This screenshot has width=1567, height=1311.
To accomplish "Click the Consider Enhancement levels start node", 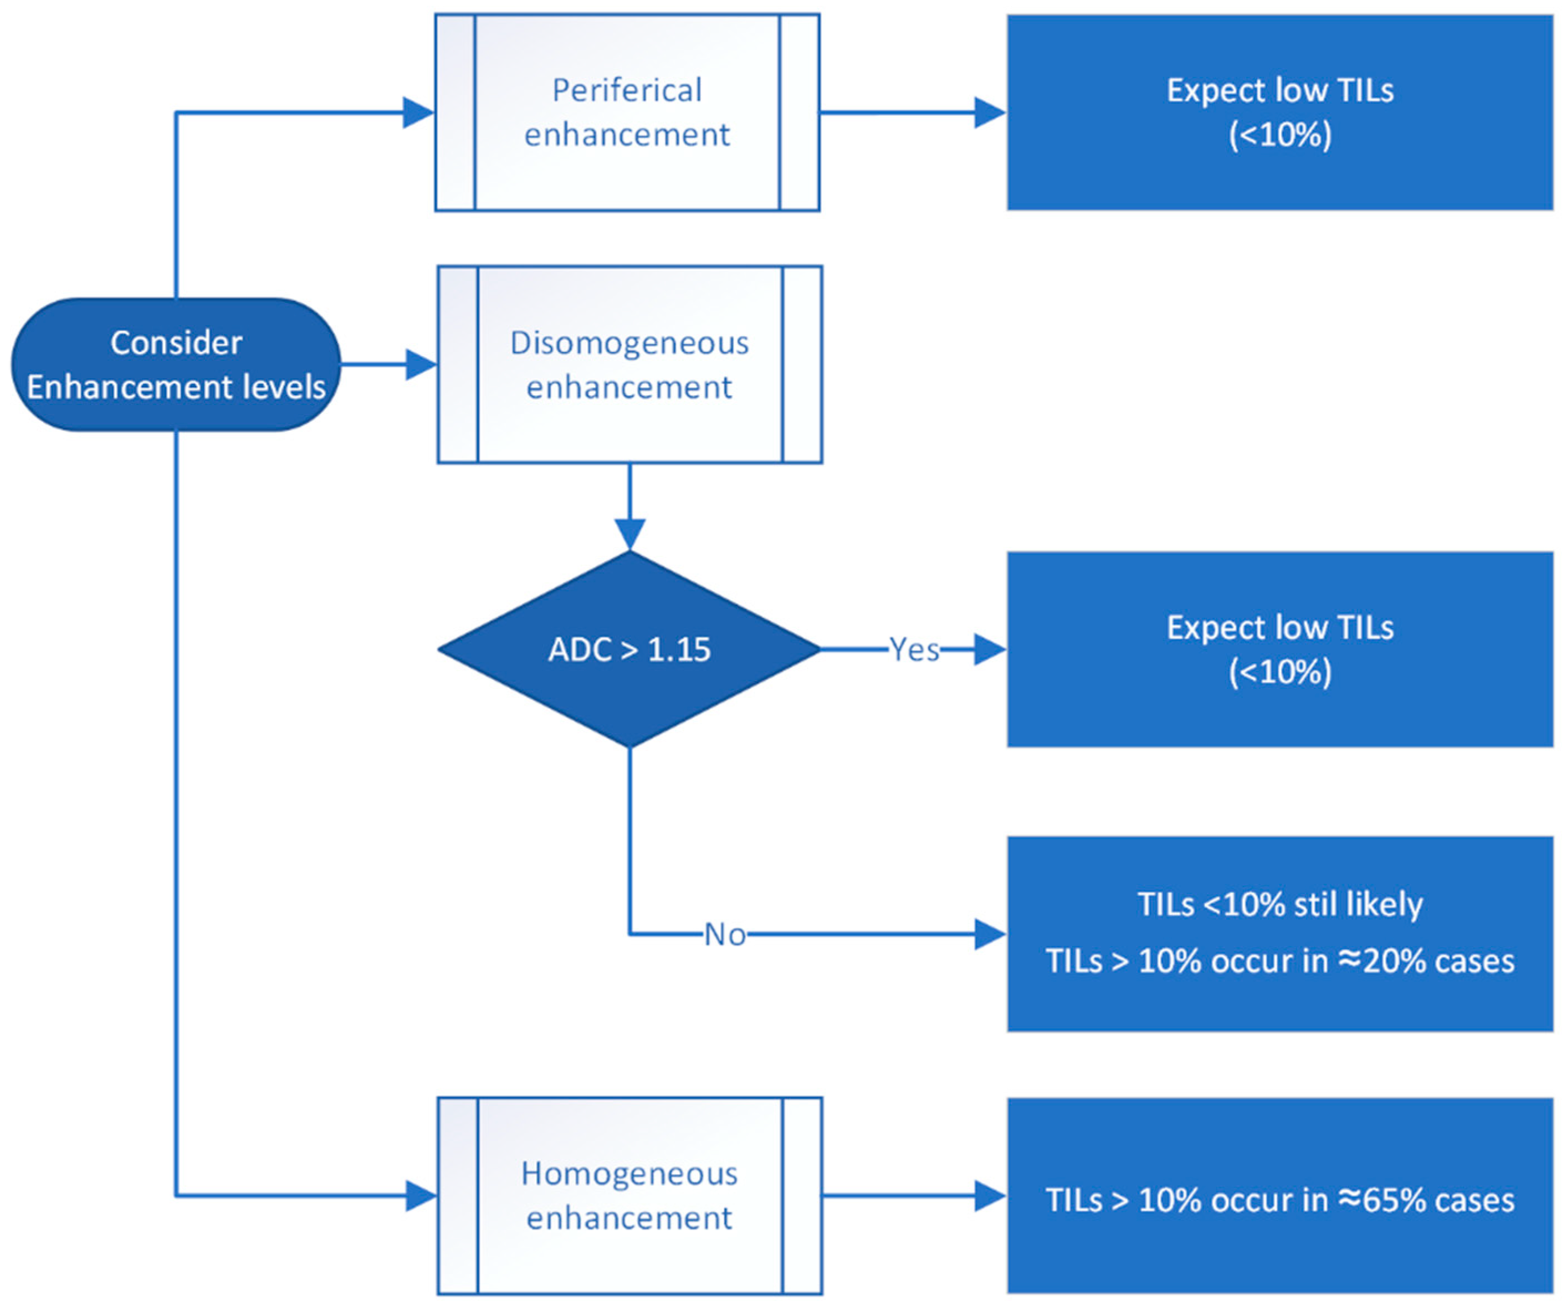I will click(x=176, y=365).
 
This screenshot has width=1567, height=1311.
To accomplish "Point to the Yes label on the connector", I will click(x=914, y=650).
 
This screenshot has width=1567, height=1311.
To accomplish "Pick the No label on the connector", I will click(x=725, y=935).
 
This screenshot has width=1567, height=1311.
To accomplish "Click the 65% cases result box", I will click(x=1281, y=1196).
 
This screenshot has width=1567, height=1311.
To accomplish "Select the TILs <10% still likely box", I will click(x=1281, y=934).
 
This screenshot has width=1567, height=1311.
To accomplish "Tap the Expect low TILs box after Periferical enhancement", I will click(x=1281, y=112).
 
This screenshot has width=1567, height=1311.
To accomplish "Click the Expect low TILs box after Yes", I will click(x=1281, y=649).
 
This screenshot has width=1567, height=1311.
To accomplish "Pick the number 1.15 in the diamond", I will click(x=679, y=650).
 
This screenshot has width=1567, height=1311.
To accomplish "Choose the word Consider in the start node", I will click(x=176, y=343).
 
